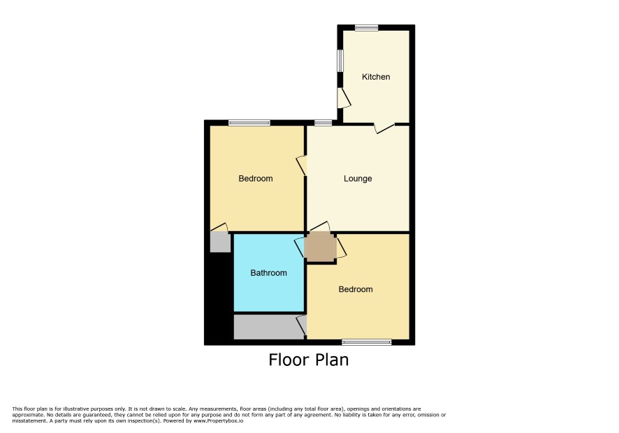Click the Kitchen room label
[x=376, y=77]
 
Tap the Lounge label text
[x=358, y=178]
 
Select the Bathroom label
[x=268, y=273]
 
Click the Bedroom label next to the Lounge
[x=256, y=178]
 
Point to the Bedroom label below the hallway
[x=356, y=289]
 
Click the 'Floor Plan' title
[x=309, y=360]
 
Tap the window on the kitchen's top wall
[x=366, y=28]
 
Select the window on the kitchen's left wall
[x=340, y=60]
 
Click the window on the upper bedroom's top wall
[x=249, y=123]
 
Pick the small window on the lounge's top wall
[x=323, y=123]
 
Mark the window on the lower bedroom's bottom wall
[x=367, y=342]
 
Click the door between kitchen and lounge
[x=384, y=128]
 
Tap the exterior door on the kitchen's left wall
[x=344, y=98]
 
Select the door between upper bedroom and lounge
[x=302, y=166]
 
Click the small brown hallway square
[x=321, y=247]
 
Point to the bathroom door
[x=300, y=247]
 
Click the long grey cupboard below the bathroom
[x=269, y=327]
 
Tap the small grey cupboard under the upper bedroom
[x=220, y=242]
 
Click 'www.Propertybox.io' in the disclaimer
[x=218, y=420]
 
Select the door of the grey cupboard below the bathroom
[x=302, y=325]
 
